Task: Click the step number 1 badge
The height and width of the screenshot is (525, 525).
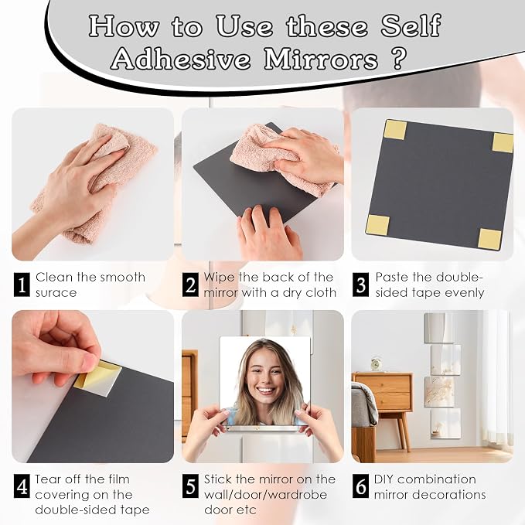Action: [22, 285]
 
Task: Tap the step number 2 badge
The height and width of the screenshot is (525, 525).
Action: [190, 285]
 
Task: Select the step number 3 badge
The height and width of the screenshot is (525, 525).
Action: [360, 285]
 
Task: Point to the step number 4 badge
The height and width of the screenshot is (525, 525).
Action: [22, 486]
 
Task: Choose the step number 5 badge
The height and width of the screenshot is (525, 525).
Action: [190, 486]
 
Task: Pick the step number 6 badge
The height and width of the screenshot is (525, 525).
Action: [360, 486]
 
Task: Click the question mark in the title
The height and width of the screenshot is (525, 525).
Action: [398, 59]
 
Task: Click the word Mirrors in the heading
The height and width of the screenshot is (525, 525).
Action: [321, 60]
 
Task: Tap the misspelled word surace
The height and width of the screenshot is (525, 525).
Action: [56, 293]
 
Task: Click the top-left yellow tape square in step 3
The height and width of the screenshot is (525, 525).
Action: [395, 130]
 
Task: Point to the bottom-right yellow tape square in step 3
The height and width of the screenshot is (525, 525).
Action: [489, 238]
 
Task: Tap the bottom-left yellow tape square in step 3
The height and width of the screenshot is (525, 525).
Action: [377, 224]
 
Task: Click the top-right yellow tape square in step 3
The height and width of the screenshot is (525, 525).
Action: [503, 142]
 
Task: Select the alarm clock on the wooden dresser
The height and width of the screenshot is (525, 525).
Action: [377, 364]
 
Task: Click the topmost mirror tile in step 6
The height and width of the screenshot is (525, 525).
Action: [439, 328]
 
